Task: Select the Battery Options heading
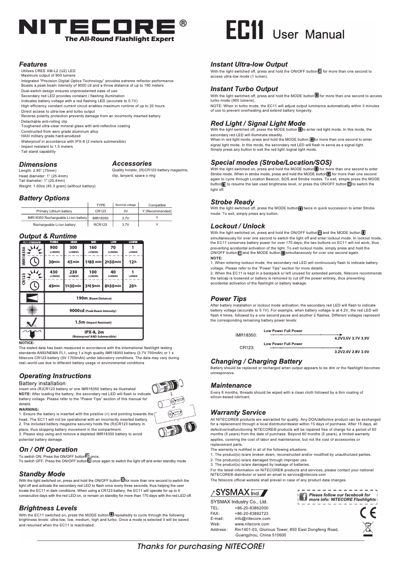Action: pyautogui.click(x=44, y=198)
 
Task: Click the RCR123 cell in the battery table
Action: pyautogui.click(x=101, y=225)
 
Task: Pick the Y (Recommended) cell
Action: pyautogui.click(x=157, y=211)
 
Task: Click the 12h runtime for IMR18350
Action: pyautogui.click(x=132, y=262)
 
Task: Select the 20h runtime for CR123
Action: pyautogui.click(x=132, y=286)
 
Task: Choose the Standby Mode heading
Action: pyautogui.click(x=42, y=473)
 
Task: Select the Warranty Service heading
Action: pyautogui.click(x=238, y=412)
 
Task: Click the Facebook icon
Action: pyautogui.click(x=303, y=496)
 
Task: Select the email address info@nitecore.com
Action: pyautogui.click(x=249, y=518)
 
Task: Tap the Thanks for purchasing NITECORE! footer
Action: pyautogui.click(x=200, y=546)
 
